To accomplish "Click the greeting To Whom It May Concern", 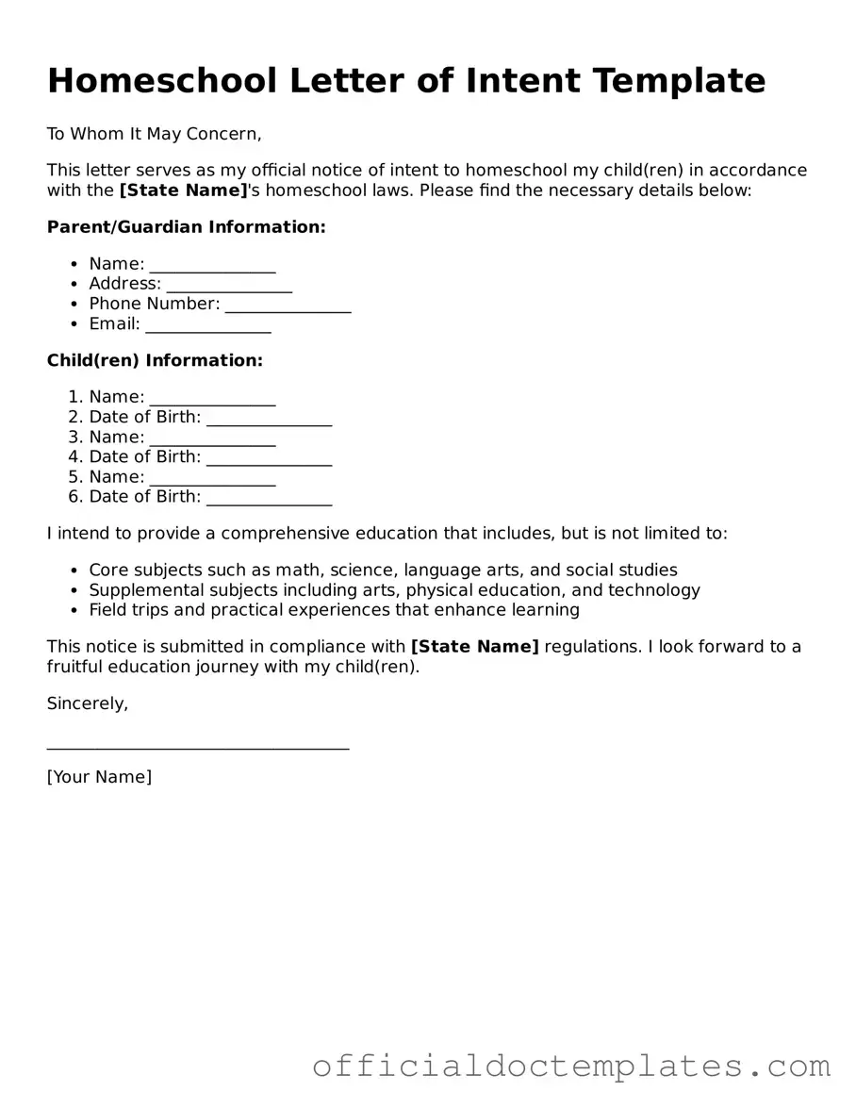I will tap(154, 134).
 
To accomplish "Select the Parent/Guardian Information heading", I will tap(186, 227).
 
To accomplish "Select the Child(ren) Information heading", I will tap(155, 360).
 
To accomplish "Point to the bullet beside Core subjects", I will tap(74, 571).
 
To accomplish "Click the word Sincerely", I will tap(88, 703).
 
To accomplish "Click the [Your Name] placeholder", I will tap(99, 777).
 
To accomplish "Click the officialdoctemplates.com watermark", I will tap(571, 1066).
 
